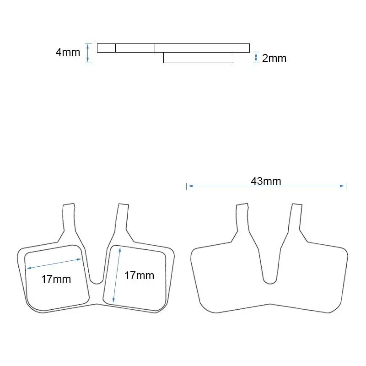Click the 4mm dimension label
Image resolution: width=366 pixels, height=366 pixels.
click(68, 52)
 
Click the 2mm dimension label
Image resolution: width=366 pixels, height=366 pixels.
click(274, 58)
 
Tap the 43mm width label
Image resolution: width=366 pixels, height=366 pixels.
click(266, 181)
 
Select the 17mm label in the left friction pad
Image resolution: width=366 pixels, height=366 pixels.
click(56, 279)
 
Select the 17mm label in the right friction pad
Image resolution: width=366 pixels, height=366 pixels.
click(140, 275)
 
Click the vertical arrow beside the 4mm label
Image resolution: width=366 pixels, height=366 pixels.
click(87, 53)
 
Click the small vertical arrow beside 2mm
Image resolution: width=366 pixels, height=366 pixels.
click(256, 58)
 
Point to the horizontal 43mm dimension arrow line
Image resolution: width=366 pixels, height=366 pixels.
click(266, 186)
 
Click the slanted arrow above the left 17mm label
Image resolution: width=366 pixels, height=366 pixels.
click(54, 264)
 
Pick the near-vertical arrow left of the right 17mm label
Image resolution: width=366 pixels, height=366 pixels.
click(117, 275)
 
